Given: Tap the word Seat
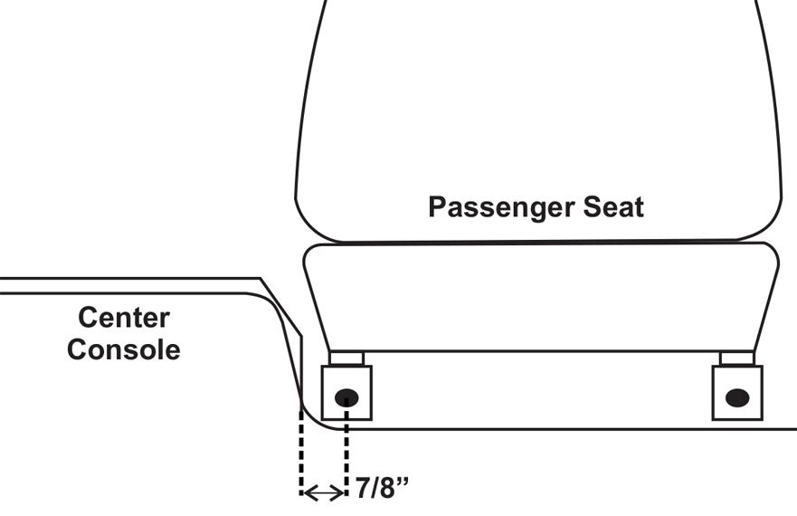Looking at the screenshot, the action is [612, 207].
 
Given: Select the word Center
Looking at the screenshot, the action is [123, 318].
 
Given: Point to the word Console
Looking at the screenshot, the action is [123, 349].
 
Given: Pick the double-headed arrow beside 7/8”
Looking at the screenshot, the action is [323, 492].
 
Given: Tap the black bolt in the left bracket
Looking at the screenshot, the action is [347, 397].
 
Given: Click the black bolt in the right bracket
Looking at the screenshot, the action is [737, 397].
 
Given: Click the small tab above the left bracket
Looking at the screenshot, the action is [346, 358].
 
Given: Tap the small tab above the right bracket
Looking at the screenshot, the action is [736, 358].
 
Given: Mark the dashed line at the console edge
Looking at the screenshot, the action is [300, 453].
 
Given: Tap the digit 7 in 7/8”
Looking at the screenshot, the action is [361, 490].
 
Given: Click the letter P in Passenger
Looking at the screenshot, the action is [437, 207].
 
